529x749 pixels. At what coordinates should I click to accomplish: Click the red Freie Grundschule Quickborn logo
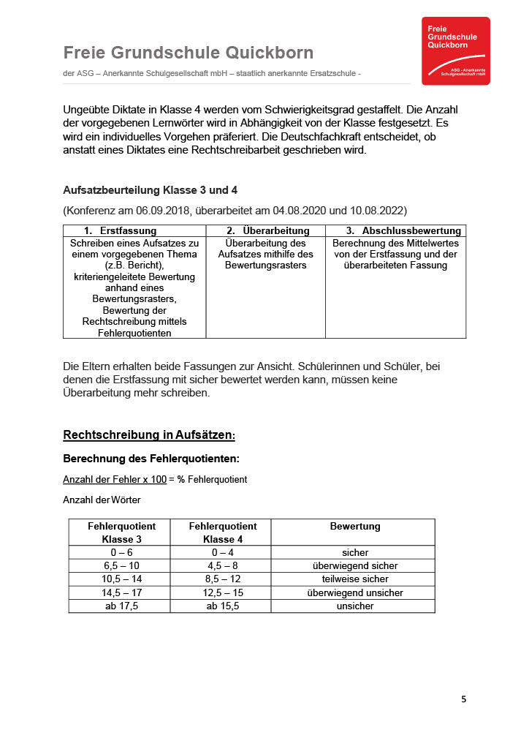(x=456, y=51)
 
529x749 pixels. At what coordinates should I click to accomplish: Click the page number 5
(x=463, y=699)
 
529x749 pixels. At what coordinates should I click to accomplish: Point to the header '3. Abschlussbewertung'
(x=403, y=231)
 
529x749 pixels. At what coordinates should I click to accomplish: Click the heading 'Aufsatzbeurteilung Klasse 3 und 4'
(x=151, y=190)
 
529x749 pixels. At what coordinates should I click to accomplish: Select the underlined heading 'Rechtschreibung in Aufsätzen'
(x=148, y=435)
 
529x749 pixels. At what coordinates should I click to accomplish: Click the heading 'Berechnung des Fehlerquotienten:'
(x=151, y=459)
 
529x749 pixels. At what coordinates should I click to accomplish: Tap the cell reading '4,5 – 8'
(x=223, y=565)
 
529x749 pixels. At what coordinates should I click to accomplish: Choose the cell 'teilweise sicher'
(x=355, y=579)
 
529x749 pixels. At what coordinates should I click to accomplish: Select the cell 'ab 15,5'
(x=223, y=606)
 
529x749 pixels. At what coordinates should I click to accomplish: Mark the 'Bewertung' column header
(x=355, y=526)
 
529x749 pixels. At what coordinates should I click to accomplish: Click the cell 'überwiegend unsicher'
(x=355, y=592)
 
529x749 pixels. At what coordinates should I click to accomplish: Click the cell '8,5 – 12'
(x=223, y=579)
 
